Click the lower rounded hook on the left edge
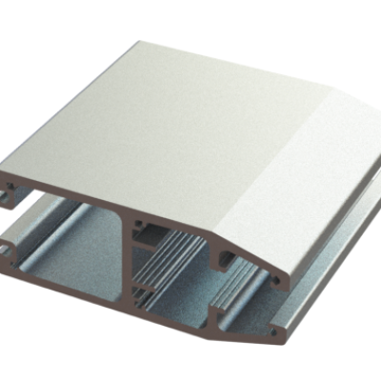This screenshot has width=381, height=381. [x=11, y=248]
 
